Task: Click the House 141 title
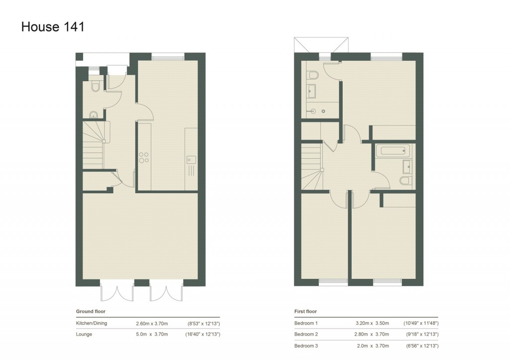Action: (x=53, y=27)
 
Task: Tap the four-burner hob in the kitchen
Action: (x=144, y=157)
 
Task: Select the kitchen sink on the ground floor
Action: (x=191, y=160)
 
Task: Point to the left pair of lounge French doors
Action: (x=118, y=292)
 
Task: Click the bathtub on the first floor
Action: (x=393, y=150)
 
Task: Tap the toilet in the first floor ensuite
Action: (x=313, y=75)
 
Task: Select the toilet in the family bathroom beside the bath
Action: (x=405, y=180)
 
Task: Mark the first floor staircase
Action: (x=312, y=164)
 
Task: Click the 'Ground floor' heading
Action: (x=90, y=312)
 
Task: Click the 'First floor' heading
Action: (x=305, y=312)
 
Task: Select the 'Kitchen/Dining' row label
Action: (x=91, y=323)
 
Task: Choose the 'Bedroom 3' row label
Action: (x=306, y=346)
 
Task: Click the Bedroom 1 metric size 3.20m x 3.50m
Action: (x=372, y=323)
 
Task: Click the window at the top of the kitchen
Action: (x=168, y=56)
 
